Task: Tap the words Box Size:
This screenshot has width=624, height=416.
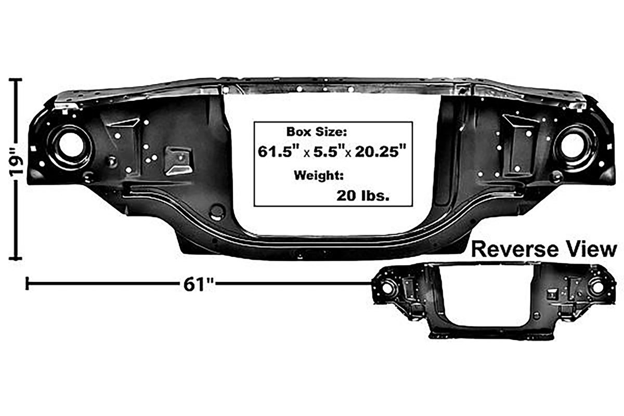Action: pos(317,132)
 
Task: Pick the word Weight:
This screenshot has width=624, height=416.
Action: pos(318,176)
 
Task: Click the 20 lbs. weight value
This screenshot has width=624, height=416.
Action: pos(363,196)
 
